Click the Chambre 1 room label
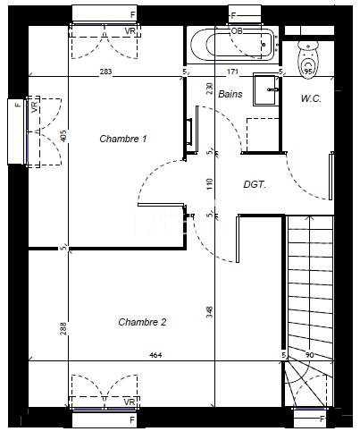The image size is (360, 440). [123, 139]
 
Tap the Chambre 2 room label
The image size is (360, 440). [143, 321]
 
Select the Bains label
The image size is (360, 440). [230, 94]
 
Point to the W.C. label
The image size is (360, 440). [311, 98]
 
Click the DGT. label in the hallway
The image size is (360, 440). [256, 185]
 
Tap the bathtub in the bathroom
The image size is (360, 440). [231, 42]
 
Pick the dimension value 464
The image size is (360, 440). [155, 357]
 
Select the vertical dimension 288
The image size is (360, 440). [64, 328]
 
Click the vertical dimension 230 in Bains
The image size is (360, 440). [209, 89]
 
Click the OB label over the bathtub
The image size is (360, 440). [237, 30]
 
